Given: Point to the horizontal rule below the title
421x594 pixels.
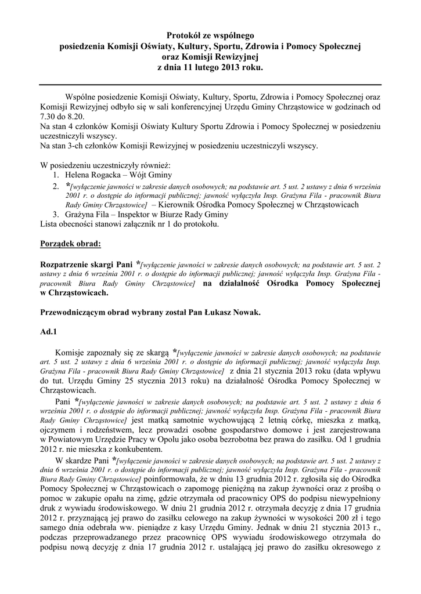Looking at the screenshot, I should point(210,85).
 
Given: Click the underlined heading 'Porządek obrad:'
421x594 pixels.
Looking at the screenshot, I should point(70,244).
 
